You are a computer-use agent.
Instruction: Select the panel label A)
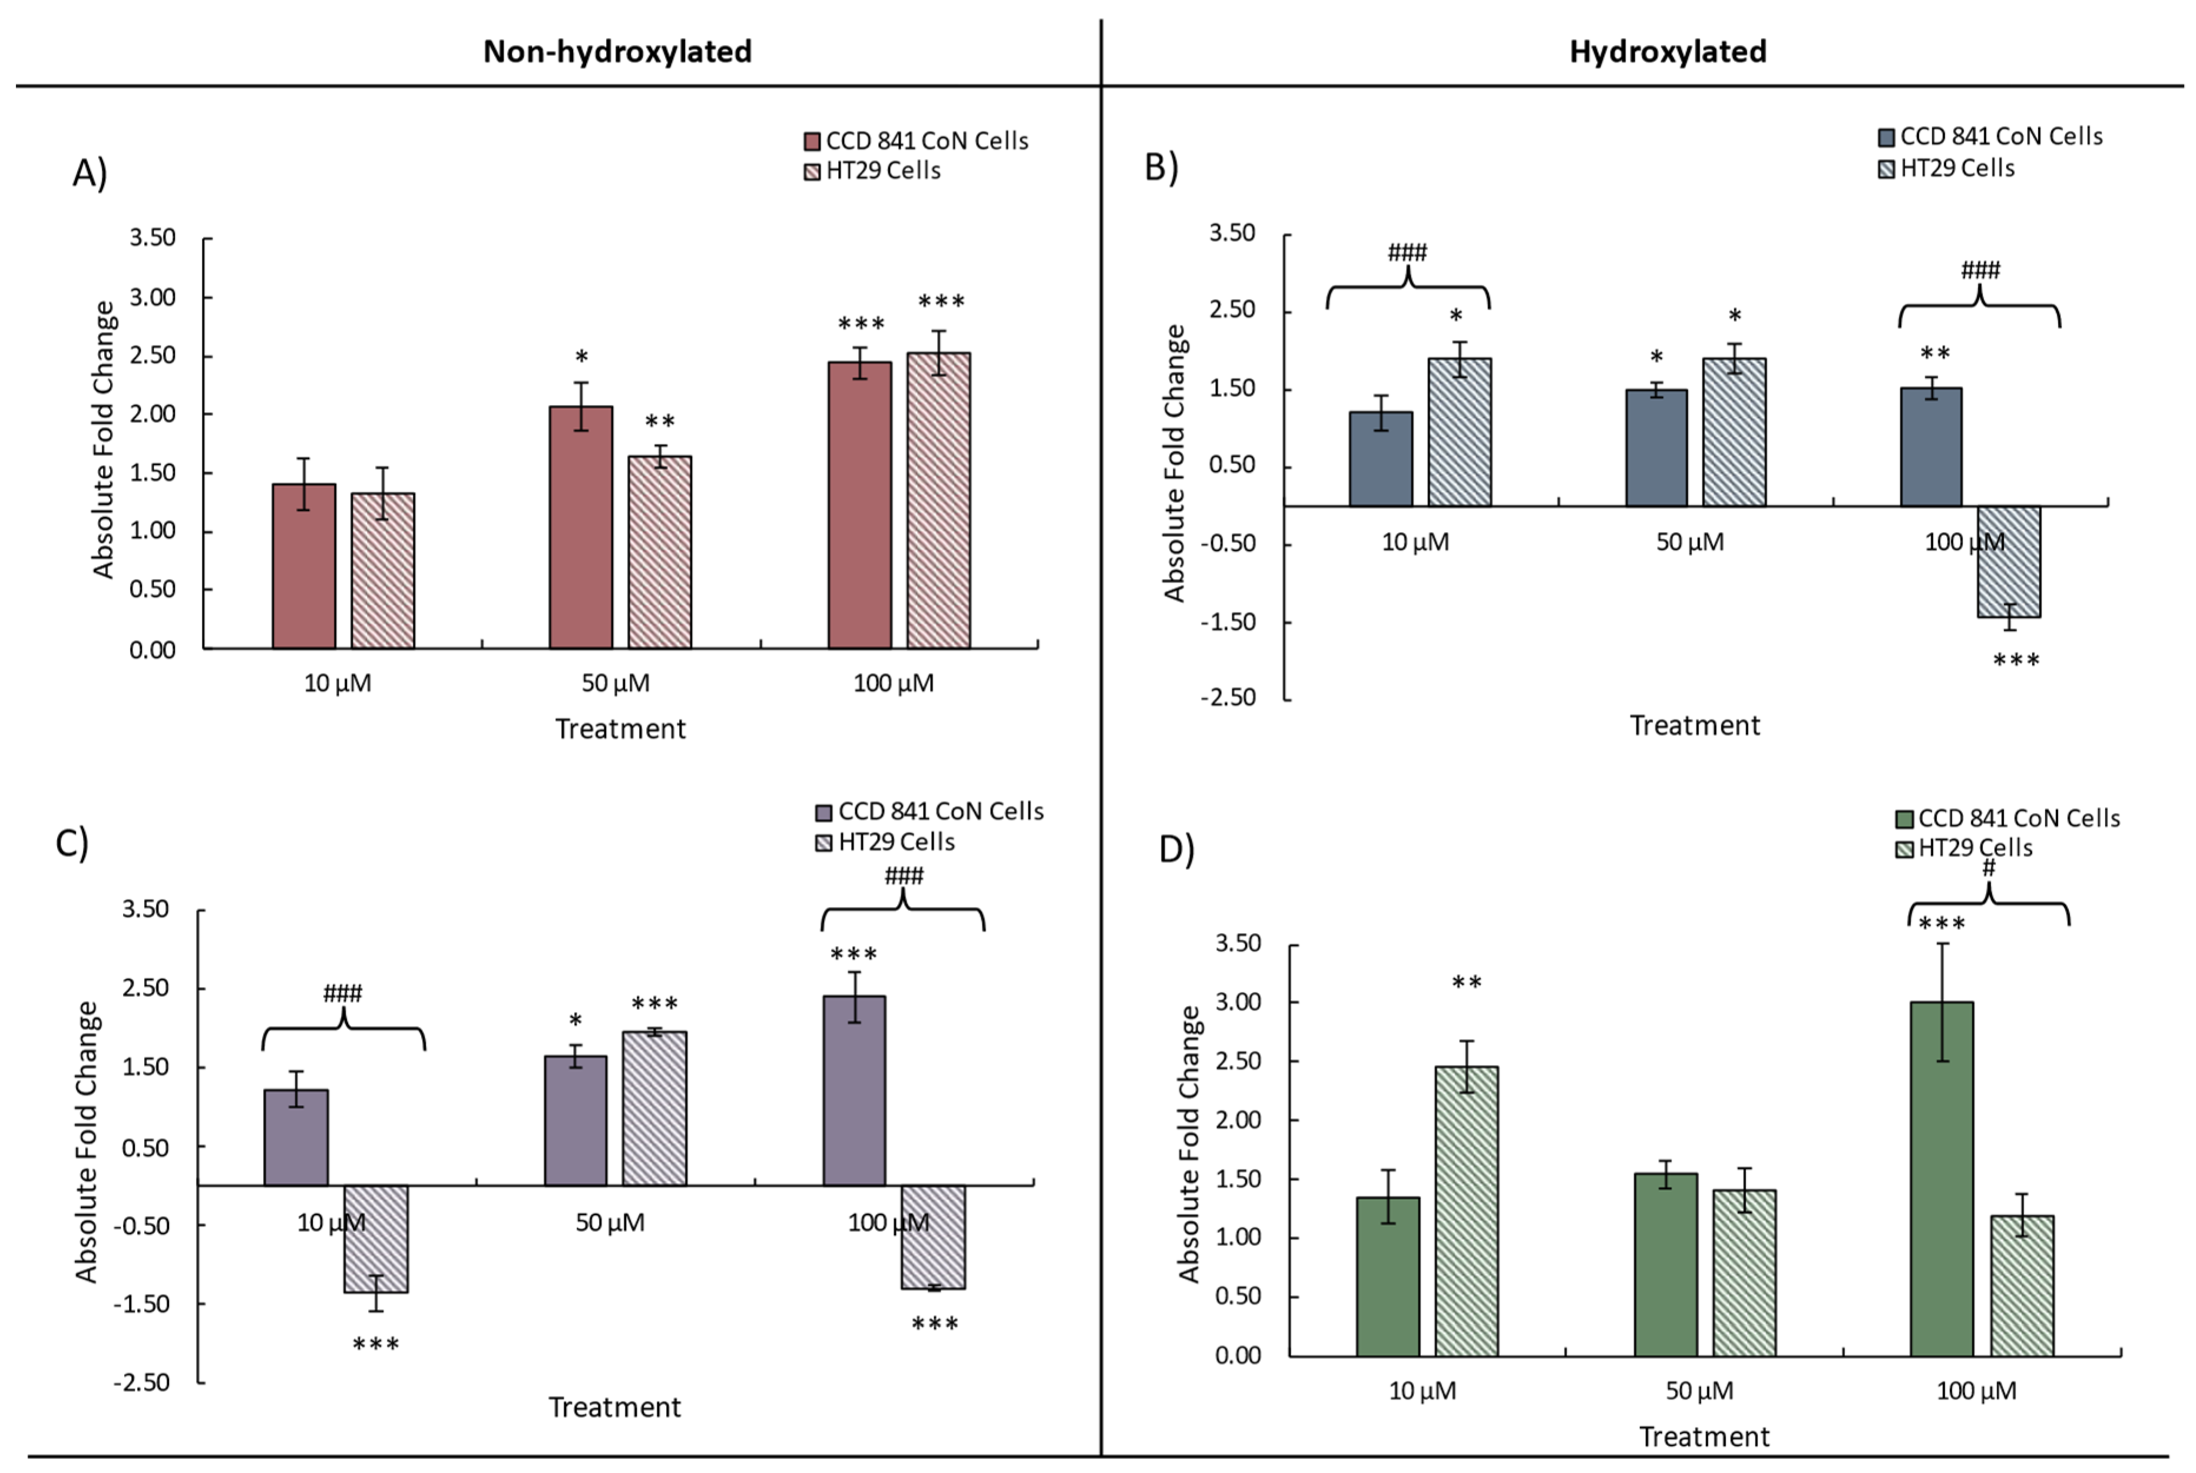tap(90, 173)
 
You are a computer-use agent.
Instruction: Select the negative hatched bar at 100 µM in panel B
tap(2008, 562)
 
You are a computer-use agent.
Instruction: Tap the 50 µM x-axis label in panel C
tap(610, 1222)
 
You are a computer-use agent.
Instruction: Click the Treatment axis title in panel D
tap(1704, 1436)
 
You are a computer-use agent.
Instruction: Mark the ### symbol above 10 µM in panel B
tap(1407, 252)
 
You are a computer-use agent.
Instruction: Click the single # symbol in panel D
tap(1987, 868)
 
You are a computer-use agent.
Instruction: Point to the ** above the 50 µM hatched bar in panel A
tap(660, 422)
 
